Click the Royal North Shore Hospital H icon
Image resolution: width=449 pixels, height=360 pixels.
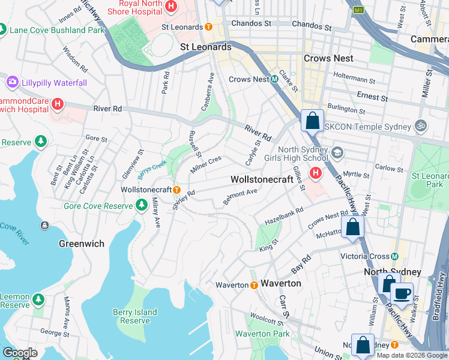click(172, 7)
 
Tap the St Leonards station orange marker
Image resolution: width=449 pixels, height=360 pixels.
click(208, 27)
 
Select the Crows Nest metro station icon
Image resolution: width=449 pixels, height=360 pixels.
click(274, 79)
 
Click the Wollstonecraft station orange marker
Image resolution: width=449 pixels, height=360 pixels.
click(177, 189)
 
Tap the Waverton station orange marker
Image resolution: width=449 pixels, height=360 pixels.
click(254, 284)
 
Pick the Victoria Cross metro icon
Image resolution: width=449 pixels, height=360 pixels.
click(394, 256)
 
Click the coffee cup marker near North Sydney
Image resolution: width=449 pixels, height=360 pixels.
click(402, 294)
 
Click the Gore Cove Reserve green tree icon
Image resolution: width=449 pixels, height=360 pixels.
click(142, 206)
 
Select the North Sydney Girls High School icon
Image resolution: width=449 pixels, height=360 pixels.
click(336, 153)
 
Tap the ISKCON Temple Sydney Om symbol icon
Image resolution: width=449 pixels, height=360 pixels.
click(420, 127)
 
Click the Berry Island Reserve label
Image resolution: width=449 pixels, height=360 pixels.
click(135, 316)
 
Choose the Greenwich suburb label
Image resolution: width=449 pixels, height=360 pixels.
click(82, 244)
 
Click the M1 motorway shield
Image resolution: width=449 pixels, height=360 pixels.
click(359, 10)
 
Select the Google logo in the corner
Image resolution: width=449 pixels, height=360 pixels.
click(20, 353)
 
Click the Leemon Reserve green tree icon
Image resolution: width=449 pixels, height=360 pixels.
click(38, 298)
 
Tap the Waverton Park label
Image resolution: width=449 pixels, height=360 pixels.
click(262, 334)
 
